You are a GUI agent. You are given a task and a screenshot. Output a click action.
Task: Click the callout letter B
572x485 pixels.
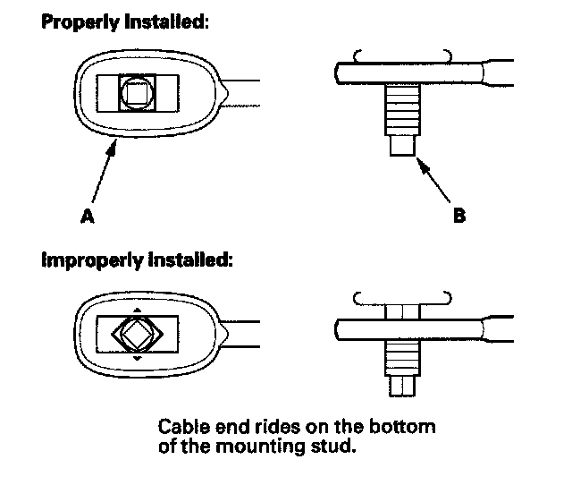coord(458,216)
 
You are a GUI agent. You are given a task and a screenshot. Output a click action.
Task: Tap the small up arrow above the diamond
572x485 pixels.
coord(137,311)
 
